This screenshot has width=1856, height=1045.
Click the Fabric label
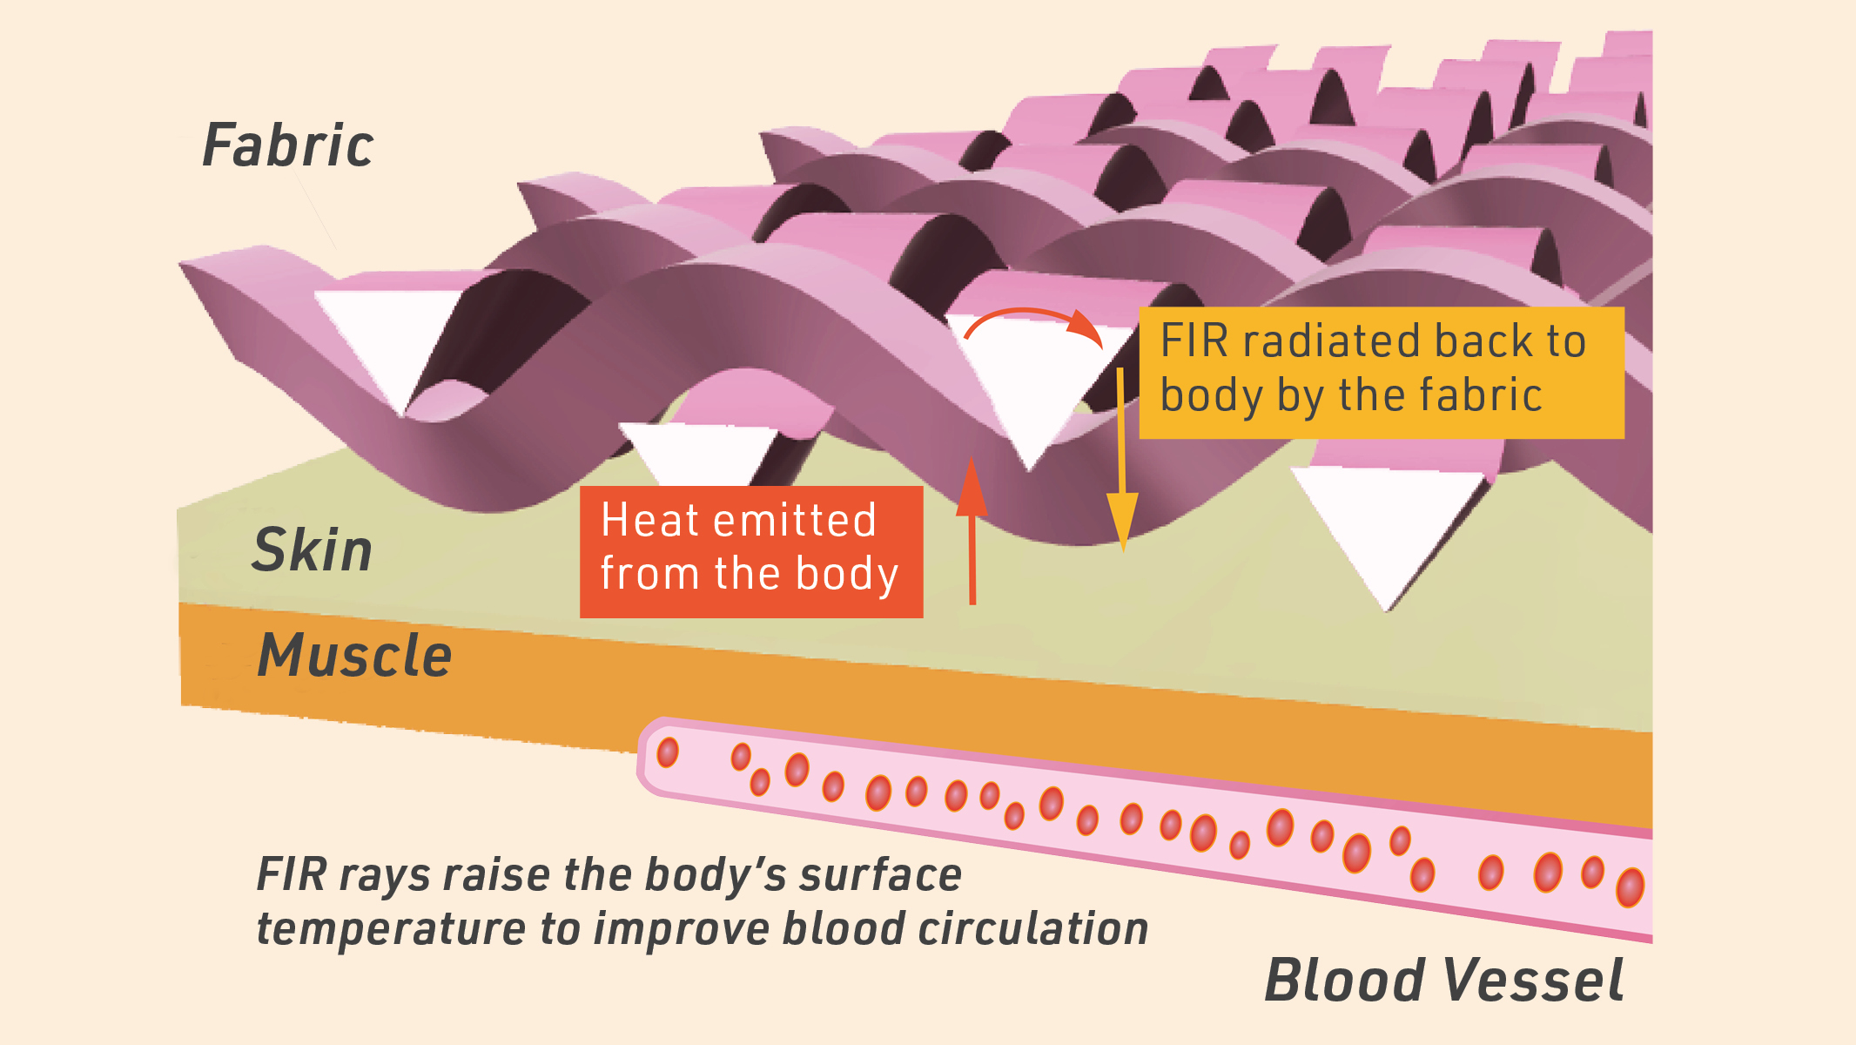pyautogui.click(x=288, y=145)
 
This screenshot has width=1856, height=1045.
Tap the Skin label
pyautogui.click(x=313, y=550)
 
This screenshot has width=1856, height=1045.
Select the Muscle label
pyautogui.click(x=355, y=655)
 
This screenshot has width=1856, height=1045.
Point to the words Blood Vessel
pyautogui.click(x=1443, y=981)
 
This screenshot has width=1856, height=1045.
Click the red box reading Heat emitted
pyautogui.click(x=751, y=552)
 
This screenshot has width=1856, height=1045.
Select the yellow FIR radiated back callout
pyautogui.click(x=1382, y=373)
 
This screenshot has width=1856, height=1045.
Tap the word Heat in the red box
pyautogui.click(x=649, y=521)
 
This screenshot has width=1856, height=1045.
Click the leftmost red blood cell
pyautogui.click(x=668, y=752)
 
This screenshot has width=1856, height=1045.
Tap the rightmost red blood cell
pyautogui.click(x=1630, y=887)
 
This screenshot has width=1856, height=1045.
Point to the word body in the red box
pyautogui.click(x=846, y=575)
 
